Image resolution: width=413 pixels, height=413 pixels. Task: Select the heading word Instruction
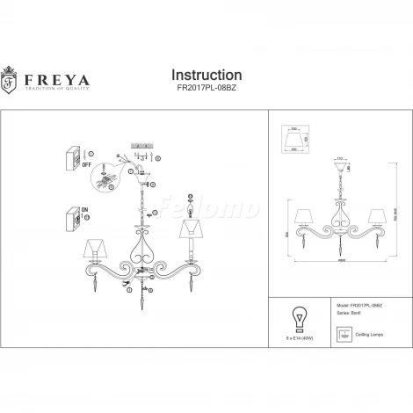tap(205, 76)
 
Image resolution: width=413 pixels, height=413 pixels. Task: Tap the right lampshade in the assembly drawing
tap(188, 229)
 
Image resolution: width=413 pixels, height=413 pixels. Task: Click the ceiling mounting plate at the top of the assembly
tap(143, 144)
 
